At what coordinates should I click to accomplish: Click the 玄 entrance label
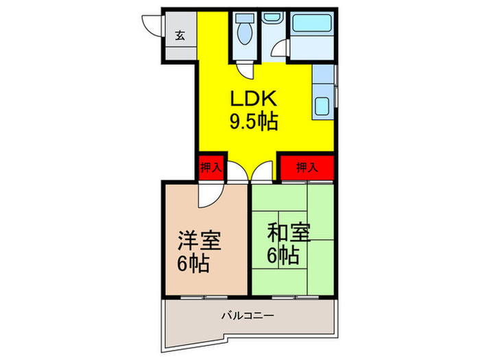(x=180, y=36)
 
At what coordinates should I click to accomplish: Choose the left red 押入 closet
(x=211, y=167)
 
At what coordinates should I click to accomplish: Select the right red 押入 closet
(x=307, y=166)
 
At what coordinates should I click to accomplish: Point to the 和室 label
(x=289, y=232)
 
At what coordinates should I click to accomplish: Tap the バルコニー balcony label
(x=248, y=316)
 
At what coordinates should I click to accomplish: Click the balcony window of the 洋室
(x=204, y=297)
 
